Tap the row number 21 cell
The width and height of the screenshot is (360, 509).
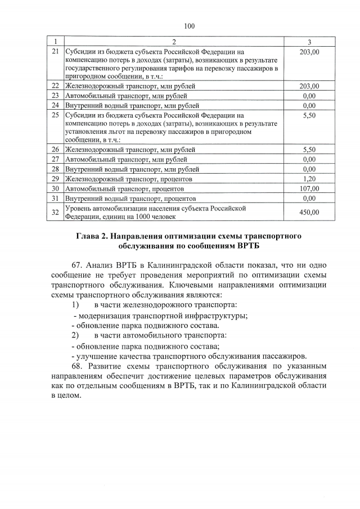55,52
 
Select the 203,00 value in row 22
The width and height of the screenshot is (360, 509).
310,86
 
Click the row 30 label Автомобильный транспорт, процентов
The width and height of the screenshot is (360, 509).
124,188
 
